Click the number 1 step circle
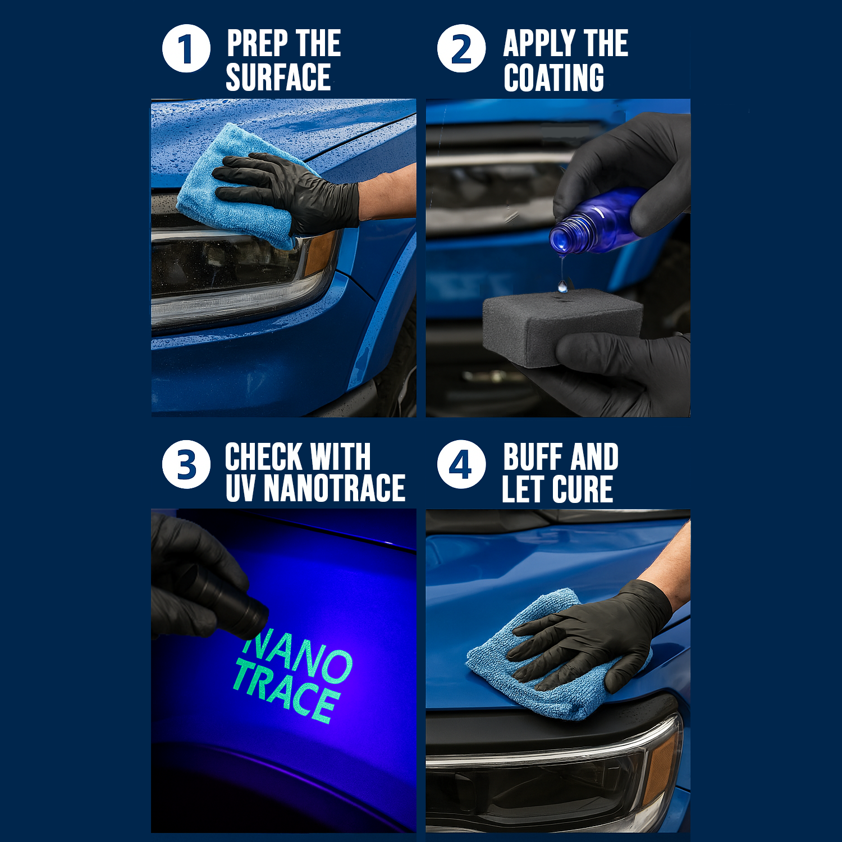point(186,49)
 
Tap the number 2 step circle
point(461,49)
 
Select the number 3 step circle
point(186,464)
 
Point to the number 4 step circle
point(461,464)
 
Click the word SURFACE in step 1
point(278,77)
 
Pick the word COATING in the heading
point(553,77)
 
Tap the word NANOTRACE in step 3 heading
point(334,488)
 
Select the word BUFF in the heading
point(532,457)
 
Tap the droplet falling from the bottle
point(562,287)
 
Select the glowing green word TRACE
point(286,693)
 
